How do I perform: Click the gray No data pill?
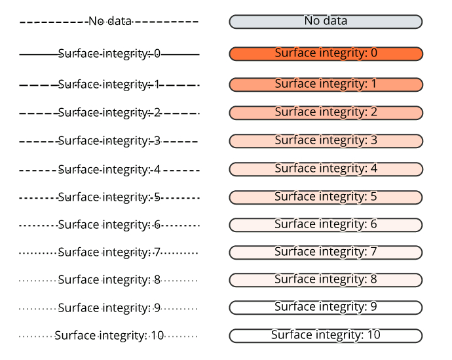click(x=326, y=22)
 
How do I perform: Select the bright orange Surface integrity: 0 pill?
click(x=326, y=53)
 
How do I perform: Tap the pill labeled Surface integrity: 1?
click(x=326, y=85)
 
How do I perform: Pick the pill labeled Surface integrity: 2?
click(x=326, y=113)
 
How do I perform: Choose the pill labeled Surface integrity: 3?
click(x=326, y=141)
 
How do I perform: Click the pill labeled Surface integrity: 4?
click(x=326, y=169)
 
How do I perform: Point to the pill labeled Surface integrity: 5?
click(x=326, y=197)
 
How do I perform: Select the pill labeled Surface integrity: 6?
click(x=326, y=225)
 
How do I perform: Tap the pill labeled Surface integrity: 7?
click(x=326, y=252)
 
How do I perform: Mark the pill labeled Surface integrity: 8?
click(x=326, y=280)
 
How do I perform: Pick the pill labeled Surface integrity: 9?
click(x=326, y=308)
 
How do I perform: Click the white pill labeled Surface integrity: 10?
click(x=326, y=336)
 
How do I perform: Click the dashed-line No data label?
click(x=109, y=22)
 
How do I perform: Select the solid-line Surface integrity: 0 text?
click(x=109, y=54)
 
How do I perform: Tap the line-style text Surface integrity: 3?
click(x=109, y=141)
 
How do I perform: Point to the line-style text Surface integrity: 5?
click(x=109, y=197)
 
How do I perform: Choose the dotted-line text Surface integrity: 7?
click(x=109, y=252)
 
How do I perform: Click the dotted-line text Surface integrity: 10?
click(x=109, y=336)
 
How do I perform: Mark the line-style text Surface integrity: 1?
click(x=109, y=85)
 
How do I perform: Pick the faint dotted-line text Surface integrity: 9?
click(x=109, y=308)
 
